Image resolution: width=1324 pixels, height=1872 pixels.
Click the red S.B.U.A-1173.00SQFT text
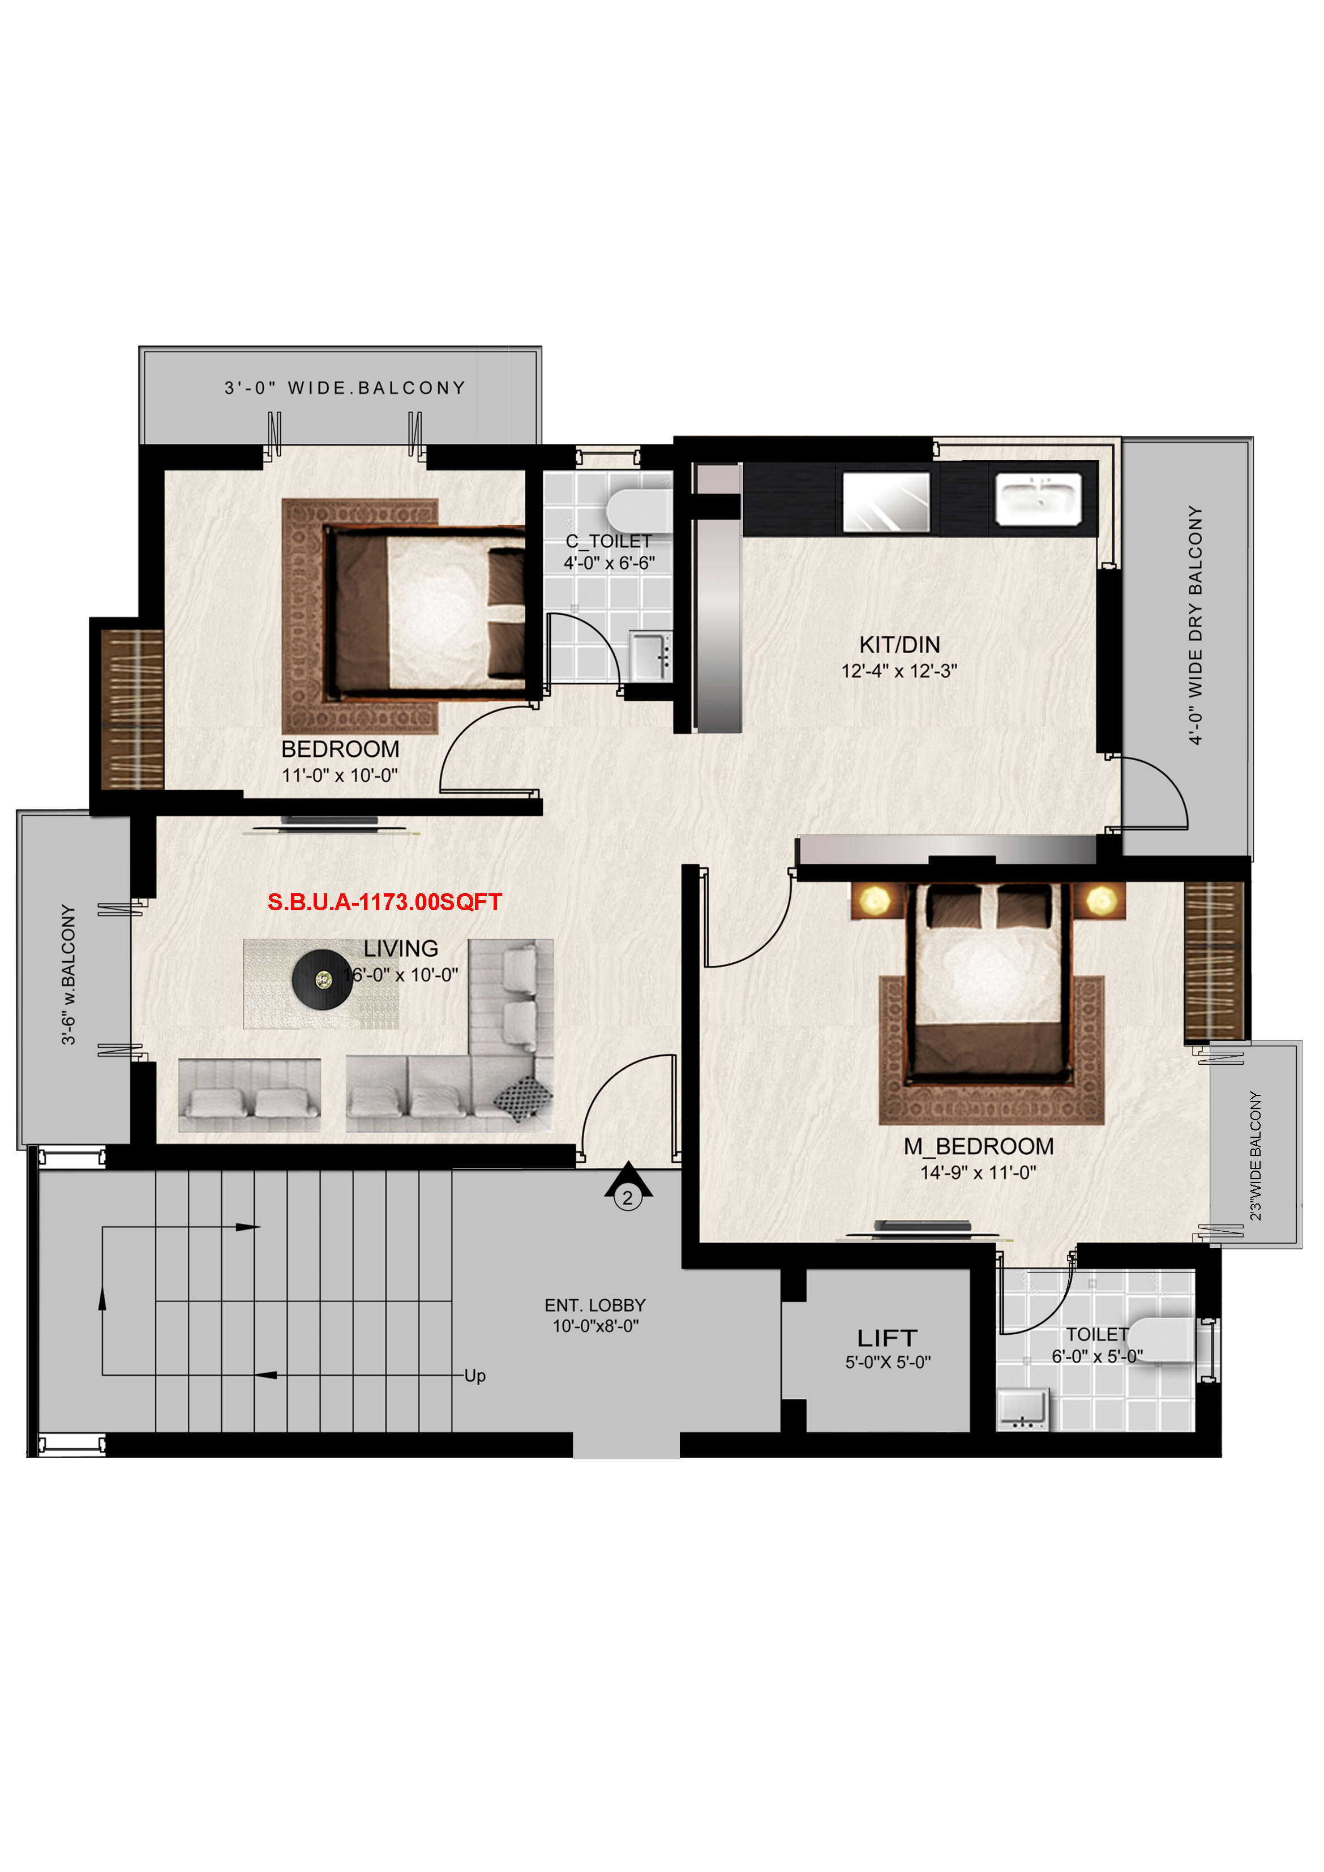(x=385, y=902)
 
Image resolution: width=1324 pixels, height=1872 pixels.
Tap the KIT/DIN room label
(x=899, y=645)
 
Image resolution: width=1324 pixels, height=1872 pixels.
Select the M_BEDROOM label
(x=978, y=1146)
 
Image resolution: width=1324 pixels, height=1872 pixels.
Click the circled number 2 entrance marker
(x=628, y=1198)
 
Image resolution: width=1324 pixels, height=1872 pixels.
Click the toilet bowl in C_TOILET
(x=639, y=511)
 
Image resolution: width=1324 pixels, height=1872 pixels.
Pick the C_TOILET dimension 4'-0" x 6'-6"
(x=609, y=563)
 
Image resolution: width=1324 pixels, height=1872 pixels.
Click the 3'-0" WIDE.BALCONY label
(x=345, y=388)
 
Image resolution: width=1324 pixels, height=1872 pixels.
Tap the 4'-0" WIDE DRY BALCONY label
(x=1194, y=626)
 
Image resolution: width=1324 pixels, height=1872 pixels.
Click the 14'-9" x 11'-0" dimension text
(x=978, y=1172)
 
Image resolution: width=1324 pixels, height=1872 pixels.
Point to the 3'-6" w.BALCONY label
(x=68, y=974)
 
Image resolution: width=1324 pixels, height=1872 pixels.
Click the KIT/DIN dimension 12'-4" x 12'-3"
(x=899, y=671)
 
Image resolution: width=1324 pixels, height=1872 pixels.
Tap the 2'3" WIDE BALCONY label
(x=1256, y=1155)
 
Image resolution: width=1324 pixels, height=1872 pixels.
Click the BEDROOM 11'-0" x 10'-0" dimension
(x=340, y=776)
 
